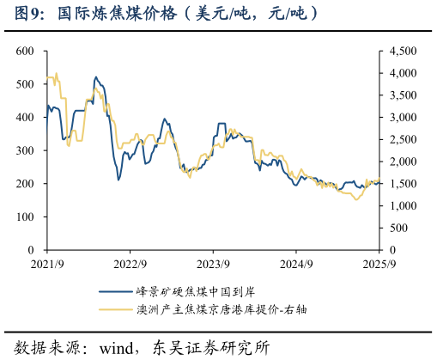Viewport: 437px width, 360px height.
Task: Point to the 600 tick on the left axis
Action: click(25, 52)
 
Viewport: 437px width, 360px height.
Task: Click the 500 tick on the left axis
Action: click(25, 85)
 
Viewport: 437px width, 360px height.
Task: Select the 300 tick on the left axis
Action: click(25, 151)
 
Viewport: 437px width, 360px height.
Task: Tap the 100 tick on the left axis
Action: click(25, 217)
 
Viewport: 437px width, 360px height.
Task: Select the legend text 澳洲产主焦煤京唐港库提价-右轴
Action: click(221, 309)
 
